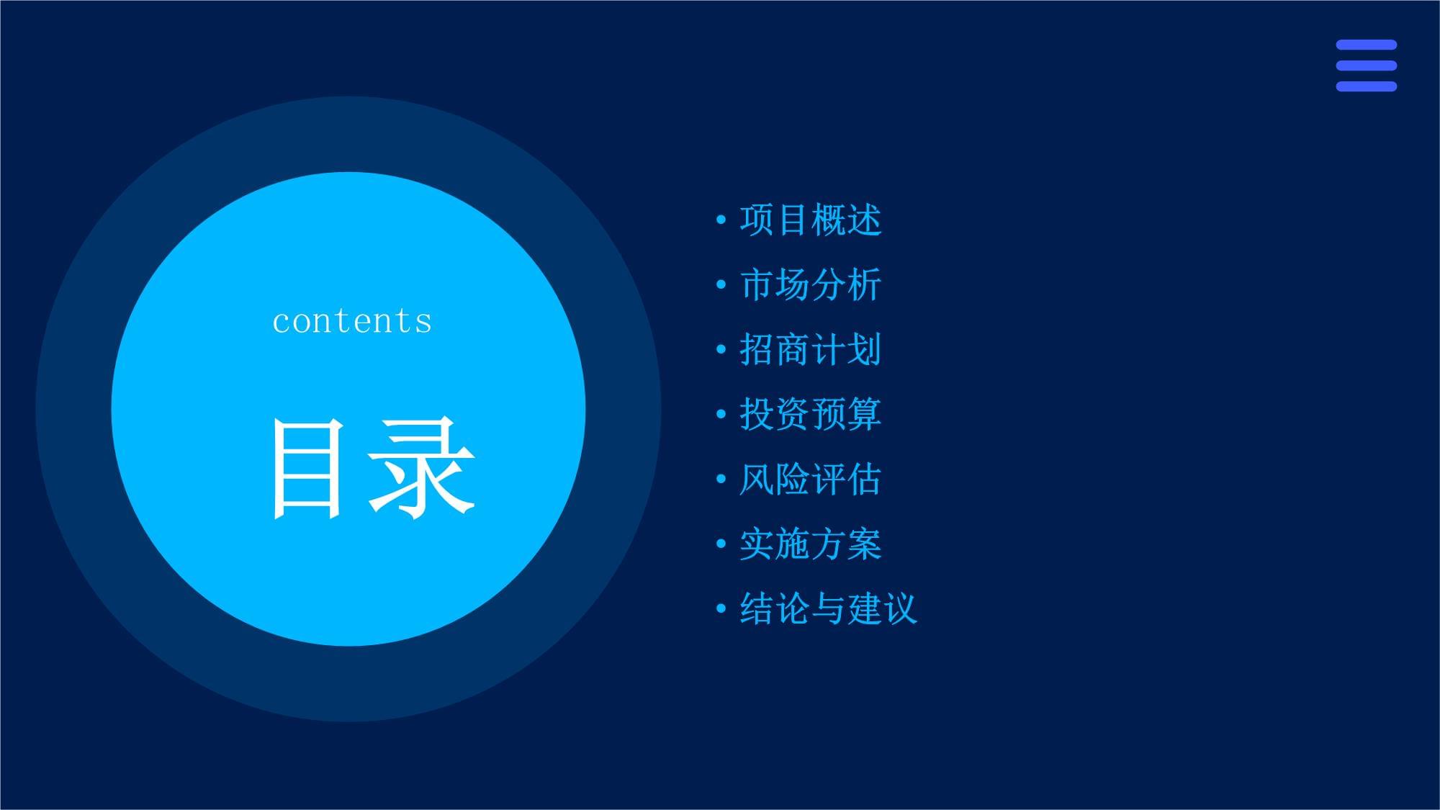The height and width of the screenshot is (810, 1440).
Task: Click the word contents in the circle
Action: [352, 321]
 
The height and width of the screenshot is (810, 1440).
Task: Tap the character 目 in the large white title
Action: [306, 469]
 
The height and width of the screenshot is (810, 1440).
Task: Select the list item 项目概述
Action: [811, 220]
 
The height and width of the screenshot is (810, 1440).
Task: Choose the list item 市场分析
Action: [811, 284]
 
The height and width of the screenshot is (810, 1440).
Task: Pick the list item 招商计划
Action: [811, 349]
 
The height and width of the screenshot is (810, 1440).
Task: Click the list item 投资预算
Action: [811, 414]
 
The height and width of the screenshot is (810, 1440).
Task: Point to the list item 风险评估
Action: [811, 479]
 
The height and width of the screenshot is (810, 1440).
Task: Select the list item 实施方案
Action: [811, 544]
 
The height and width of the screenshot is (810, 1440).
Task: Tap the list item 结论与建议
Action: [829, 608]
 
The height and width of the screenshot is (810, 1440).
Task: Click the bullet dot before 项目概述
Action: [721, 220]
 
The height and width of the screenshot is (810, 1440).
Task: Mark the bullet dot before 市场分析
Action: [721, 284]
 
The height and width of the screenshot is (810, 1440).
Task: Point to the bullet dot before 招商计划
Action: [721, 349]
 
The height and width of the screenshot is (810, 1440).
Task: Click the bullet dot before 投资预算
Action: [721, 414]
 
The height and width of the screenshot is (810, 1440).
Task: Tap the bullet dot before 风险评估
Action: [721, 479]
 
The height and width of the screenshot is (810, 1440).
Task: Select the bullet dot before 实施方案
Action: [721, 544]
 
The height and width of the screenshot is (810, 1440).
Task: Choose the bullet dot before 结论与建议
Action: [721, 608]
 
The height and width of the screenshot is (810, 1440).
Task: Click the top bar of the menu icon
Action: [1367, 45]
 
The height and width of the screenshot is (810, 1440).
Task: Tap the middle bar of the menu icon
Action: [1367, 66]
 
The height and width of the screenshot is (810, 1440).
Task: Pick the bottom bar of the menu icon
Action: [1367, 86]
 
